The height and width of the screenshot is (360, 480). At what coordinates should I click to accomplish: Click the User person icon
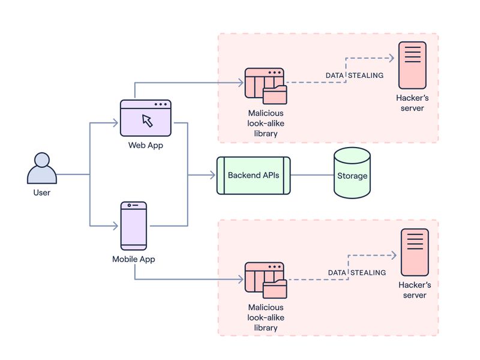click(x=42, y=169)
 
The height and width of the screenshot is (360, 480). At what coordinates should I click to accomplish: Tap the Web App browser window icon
click(x=146, y=118)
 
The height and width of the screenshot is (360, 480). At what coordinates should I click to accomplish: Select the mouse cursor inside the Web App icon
click(x=147, y=120)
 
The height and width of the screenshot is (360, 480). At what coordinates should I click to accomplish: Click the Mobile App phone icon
click(x=134, y=226)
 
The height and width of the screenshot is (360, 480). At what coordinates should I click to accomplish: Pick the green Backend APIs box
click(x=253, y=175)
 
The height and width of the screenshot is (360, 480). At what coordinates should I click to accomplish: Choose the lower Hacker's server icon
click(x=415, y=251)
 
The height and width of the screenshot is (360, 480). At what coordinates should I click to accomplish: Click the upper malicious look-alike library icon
click(x=265, y=87)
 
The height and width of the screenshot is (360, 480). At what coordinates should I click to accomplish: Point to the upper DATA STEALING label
click(x=353, y=75)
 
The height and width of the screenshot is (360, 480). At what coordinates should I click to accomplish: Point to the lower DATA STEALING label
click(x=356, y=272)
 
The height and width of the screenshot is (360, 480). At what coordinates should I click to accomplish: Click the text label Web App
click(x=145, y=145)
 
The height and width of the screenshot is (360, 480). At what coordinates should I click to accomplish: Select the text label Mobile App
click(x=134, y=260)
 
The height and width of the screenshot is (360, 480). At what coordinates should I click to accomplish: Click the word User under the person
click(x=41, y=193)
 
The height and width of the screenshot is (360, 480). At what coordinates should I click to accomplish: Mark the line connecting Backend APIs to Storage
click(x=312, y=175)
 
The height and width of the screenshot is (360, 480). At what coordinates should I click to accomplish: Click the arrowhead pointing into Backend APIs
click(x=212, y=175)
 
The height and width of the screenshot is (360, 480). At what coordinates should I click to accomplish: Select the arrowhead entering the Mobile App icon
click(x=115, y=226)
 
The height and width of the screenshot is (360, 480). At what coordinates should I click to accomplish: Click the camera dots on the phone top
click(x=134, y=206)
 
